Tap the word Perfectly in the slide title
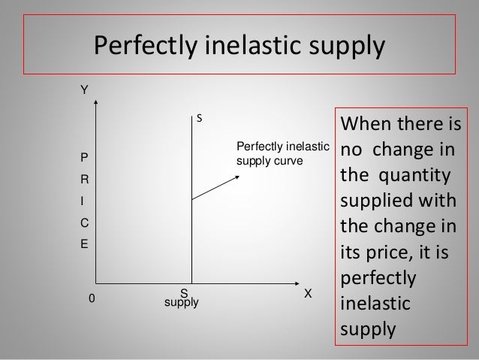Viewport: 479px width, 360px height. click(x=142, y=47)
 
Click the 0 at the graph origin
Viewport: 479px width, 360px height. click(x=92, y=298)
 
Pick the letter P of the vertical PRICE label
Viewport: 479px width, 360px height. click(x=84, y=159)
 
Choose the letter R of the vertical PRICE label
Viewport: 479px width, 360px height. click(x=85, y=180)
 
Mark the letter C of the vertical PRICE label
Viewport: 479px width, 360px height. click(x=85, y=223)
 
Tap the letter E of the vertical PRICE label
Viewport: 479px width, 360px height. click(x=84, y=245)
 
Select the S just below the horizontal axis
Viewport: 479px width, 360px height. click(x=183, y=292)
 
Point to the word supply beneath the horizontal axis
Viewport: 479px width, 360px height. click(x=181, y=303)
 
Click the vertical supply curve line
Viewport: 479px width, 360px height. click(x=192, y=225)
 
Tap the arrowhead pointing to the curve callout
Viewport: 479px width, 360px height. click(x=238, y=176)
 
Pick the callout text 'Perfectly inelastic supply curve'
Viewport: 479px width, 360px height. click(x=282, y=153)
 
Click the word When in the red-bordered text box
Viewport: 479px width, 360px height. click(x=363, y=123)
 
